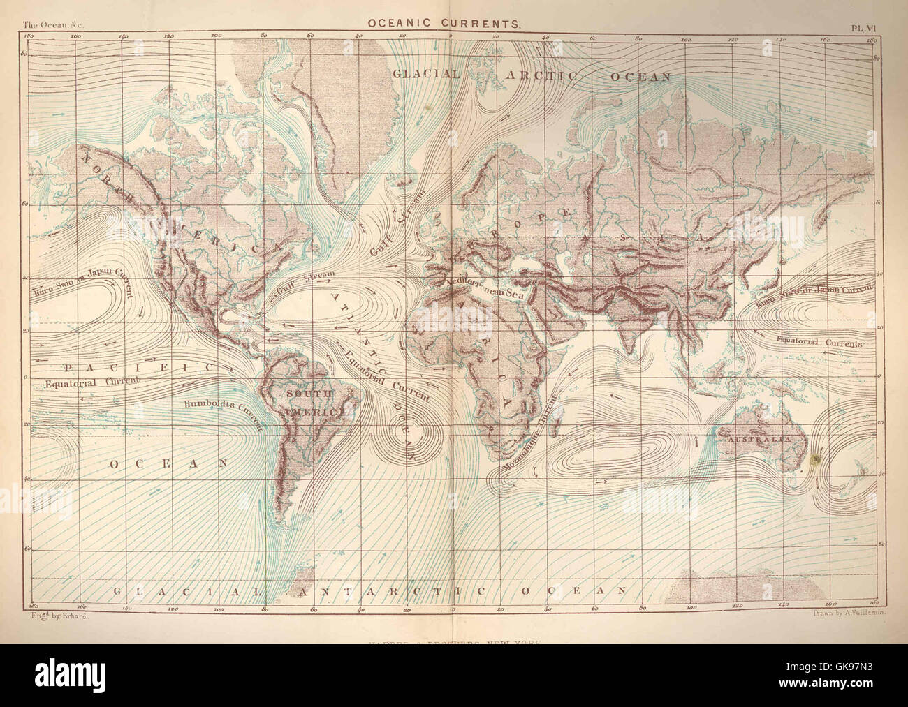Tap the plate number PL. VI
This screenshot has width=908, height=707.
coord(865,27)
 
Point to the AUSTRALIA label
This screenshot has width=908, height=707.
coord(759,440)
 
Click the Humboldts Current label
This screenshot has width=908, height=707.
coord(224,412)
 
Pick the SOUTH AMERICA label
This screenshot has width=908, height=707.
coord(313,403)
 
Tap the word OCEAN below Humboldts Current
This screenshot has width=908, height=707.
coord(168,463)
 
